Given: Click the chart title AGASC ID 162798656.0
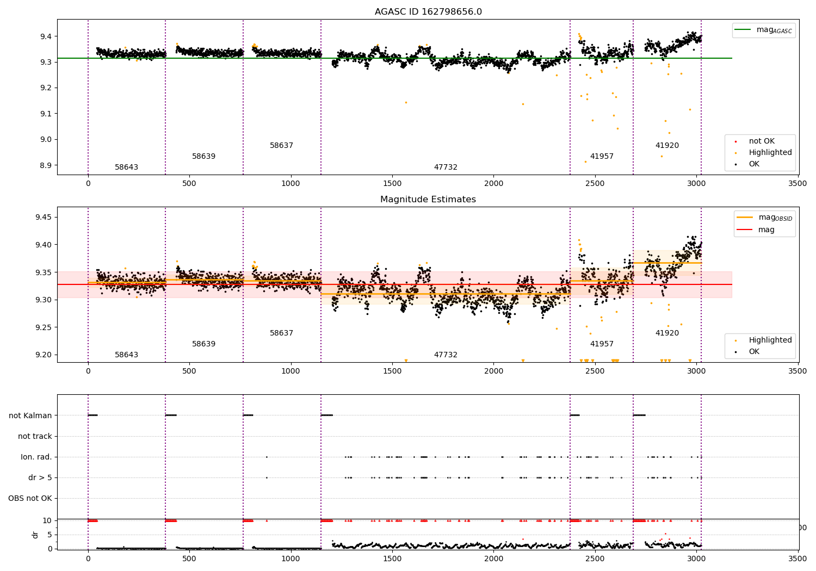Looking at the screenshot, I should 428,12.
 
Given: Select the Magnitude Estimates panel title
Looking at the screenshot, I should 428,200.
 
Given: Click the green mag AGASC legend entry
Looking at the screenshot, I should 764,30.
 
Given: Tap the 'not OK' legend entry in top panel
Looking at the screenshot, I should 761,141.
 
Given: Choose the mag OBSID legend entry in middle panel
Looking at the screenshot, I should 764,218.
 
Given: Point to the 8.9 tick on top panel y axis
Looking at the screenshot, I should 45,165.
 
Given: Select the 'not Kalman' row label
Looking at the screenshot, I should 30,415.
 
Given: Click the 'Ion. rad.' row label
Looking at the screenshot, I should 36,457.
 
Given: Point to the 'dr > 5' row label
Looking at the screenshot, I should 40,477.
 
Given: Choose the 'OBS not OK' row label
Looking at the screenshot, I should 30,498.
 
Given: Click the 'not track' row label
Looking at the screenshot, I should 35,436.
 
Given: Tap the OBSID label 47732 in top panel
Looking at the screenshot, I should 446,167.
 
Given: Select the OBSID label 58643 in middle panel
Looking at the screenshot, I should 126,355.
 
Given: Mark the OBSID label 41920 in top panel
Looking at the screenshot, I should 667,146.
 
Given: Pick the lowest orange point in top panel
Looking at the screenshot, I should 585,162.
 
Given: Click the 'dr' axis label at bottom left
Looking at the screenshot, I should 35,535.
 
